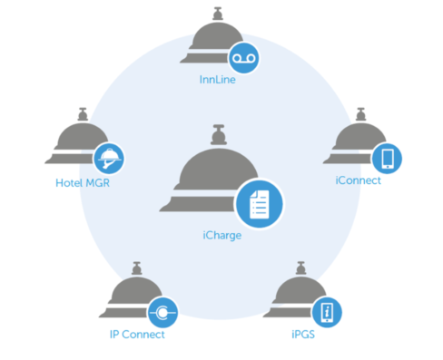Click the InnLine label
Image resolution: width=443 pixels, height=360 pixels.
(x=217, y=80)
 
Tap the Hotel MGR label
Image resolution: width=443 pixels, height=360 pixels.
(x=83, y=183)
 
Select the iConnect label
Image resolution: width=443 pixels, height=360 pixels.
(x=358, y=180)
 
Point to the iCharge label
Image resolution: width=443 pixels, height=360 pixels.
(x=222, y=236)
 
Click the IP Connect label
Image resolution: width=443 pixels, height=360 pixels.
(x=137, y=335)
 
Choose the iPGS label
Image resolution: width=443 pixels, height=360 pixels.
(x=303, y=335)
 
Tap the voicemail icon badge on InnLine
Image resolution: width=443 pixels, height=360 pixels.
(x=243, y=58)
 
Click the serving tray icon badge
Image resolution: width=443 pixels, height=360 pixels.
(x=109, y=159)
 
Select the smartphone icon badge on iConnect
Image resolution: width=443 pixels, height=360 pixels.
(x=387, y=159)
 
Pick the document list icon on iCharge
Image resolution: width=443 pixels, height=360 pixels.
(x=260, y=204)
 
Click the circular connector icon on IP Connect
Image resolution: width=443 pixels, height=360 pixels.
(x=162, y=313)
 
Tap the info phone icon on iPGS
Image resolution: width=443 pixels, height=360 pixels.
(x=327, y=313)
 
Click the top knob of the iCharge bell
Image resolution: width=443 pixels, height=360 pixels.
(x=219, y=134)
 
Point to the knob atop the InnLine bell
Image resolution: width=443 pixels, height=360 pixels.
(x=218, y=14)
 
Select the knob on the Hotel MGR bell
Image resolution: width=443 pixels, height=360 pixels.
(x=83, y=114)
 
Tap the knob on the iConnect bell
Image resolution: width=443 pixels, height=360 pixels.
(x=360, y=114)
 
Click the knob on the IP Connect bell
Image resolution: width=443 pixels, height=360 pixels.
(x=137, y=268)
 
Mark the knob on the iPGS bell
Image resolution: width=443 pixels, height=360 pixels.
(x=300, y=268)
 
